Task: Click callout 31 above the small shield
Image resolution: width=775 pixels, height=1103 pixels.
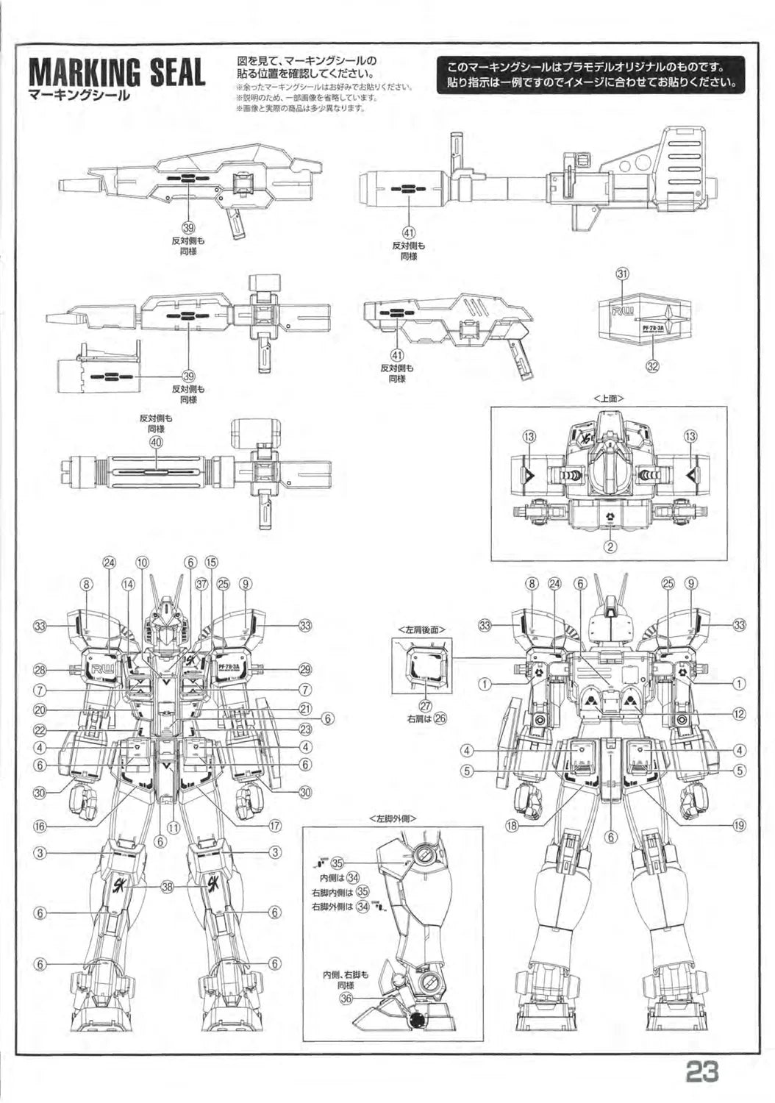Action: (x=623, y=274)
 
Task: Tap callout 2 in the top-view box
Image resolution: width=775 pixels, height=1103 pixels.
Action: (x=610, y=546)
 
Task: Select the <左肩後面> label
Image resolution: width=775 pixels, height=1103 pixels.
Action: (x=421, y=629)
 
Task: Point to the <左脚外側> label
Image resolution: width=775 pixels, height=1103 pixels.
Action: (x=393, y=818)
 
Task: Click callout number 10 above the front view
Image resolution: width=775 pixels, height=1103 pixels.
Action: (x=142, y=563)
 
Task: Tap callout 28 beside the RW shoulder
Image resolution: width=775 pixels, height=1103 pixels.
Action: (x=42, y=669)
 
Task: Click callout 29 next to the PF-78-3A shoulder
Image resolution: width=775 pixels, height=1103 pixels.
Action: (x=304, y=669)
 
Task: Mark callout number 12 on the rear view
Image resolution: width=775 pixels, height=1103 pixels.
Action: (x=738, y=713)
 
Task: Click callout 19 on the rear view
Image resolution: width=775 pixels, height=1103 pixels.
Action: (x=738, y=825)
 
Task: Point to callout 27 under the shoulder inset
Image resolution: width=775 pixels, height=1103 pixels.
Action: (x=424, y=707)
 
